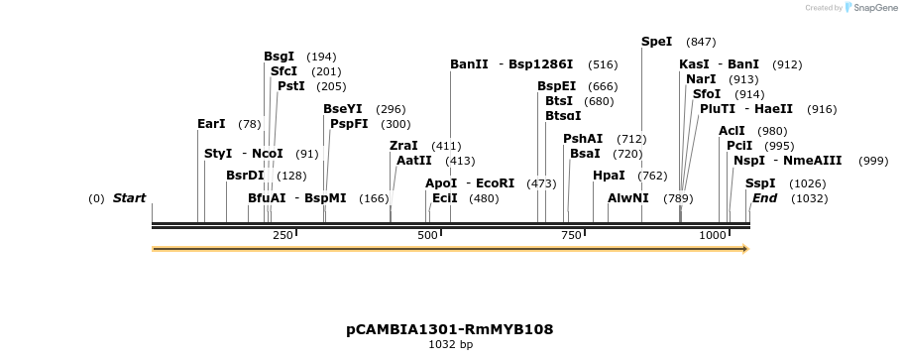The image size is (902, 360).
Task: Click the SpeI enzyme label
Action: (x=656, y=42)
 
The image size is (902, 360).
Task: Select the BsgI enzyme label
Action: (x=279, y=57)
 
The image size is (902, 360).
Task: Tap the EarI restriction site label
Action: (x=211, y=124)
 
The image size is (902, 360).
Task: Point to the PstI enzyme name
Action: (x=290, y=86)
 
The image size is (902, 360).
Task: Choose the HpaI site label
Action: (x=609, y=176)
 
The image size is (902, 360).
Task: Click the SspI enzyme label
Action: (x=760, y=183)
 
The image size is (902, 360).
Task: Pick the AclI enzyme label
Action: (x=732, y=131)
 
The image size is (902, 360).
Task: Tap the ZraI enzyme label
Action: (x=403, y=146)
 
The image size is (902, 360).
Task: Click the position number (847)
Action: (x=701, y=42)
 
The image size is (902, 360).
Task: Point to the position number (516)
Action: (x=603, y=64)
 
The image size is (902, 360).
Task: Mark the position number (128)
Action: (x=291, y=176)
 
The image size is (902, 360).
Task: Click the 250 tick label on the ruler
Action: (x=282, y=235)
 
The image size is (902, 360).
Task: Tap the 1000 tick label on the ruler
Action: (x=713, y=235)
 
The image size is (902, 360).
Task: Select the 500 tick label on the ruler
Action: (x=428, y=235)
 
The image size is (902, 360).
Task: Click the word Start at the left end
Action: (x=129, y=198)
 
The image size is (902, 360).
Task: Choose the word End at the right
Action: (x=764, y=198)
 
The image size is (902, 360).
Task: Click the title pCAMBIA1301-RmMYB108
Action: (x=449, y=328)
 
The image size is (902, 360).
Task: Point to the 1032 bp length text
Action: (x=450, y=345)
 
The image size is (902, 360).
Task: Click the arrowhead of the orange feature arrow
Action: (x=744, y=249)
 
